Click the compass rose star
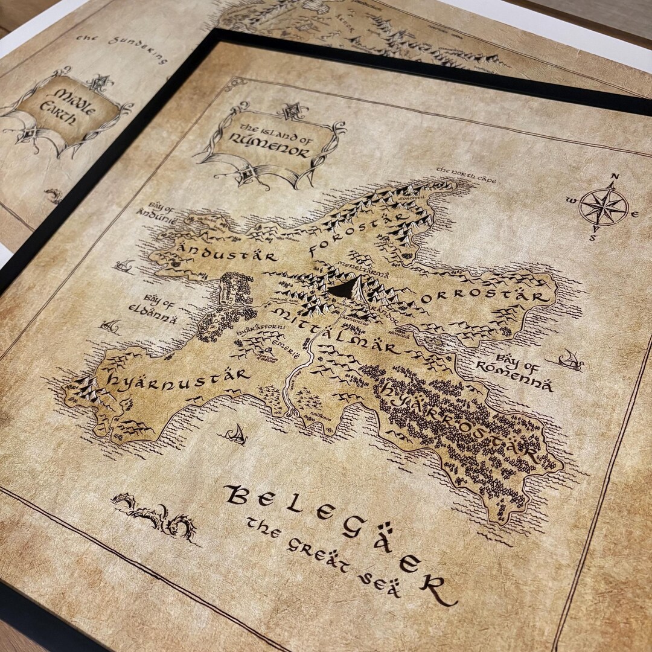coord(603,206)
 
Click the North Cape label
coord(465,175)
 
